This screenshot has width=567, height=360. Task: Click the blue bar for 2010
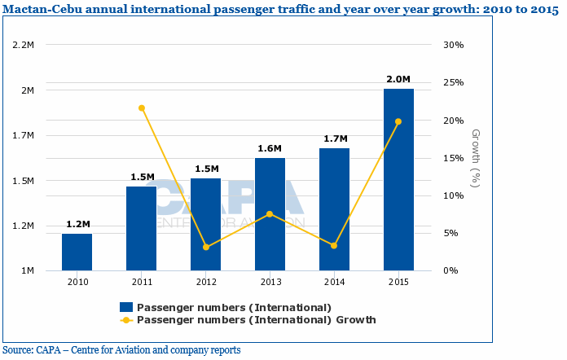[77, 252]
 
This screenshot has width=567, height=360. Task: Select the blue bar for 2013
[270, 214]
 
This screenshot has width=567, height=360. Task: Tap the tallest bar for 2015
[398, 179]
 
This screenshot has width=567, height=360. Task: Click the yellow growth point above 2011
[142, 108]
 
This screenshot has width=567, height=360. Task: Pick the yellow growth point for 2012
[206, 247]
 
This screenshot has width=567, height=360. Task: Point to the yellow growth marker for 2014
[334, 245]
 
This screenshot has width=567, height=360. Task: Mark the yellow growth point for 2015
[398, 121]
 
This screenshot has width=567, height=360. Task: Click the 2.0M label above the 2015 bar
[398, 79]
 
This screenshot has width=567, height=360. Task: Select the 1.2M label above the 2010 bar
[77, 224]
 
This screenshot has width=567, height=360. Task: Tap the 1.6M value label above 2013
[270, 148]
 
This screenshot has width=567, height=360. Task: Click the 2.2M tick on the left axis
[23, 45]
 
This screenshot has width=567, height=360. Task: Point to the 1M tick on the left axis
[28, 270]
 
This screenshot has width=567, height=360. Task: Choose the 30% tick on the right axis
[453, 45]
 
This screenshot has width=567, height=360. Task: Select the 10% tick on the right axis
[453, 195]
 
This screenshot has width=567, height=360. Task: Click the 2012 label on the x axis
[206, 281]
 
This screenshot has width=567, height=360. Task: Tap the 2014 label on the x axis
[334, 281]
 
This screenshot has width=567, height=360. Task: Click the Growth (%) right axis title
[477, 158]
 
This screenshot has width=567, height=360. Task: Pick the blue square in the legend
[126, 307]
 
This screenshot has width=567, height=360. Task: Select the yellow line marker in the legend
[126, 320]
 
